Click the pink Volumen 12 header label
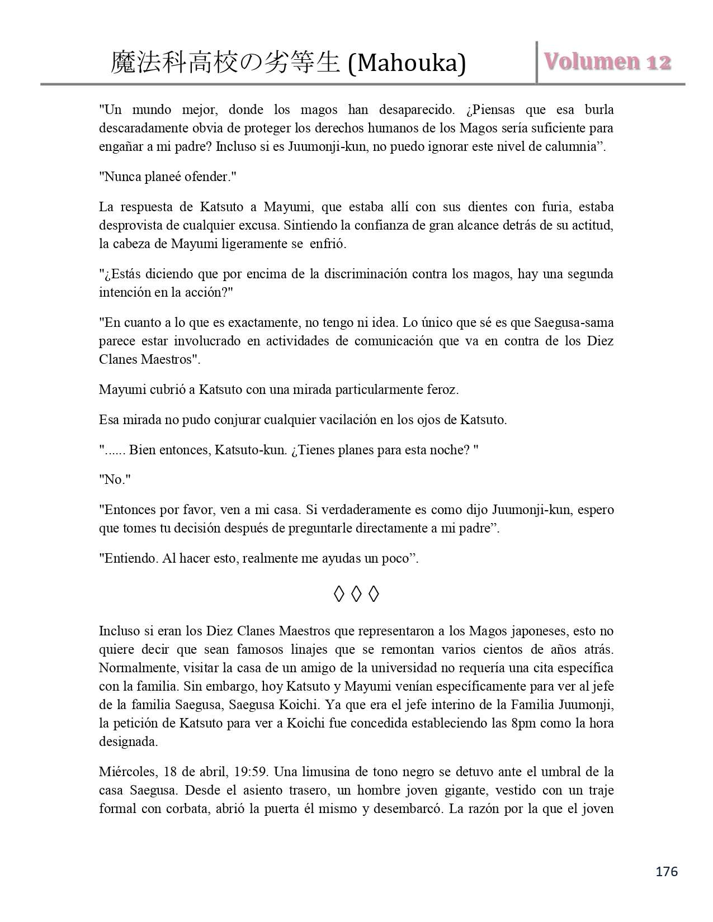point(607,62)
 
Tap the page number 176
point(667,871)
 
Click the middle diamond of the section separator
point(356,595)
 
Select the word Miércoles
point(128,772)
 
